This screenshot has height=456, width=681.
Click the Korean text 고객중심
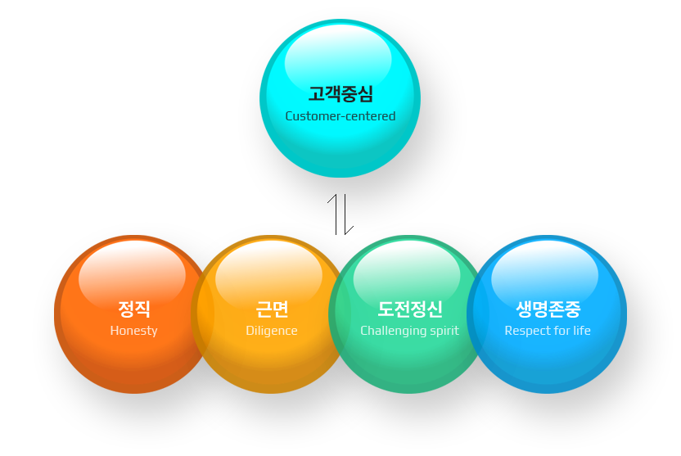point(340,94)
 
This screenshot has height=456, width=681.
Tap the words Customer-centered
point(340,116)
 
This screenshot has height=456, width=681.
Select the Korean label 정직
point(133,309)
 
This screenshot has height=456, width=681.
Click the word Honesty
point(133,331)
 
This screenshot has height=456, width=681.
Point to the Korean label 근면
point(272,309)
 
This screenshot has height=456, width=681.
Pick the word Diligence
point(272,331)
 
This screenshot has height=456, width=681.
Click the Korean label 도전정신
point(409,309)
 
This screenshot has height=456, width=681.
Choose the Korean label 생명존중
point(548,309)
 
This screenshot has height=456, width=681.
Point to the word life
point(581,331)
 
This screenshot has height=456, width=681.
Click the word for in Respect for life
point(561,331)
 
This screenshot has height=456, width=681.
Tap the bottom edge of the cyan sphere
point(340,176)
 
